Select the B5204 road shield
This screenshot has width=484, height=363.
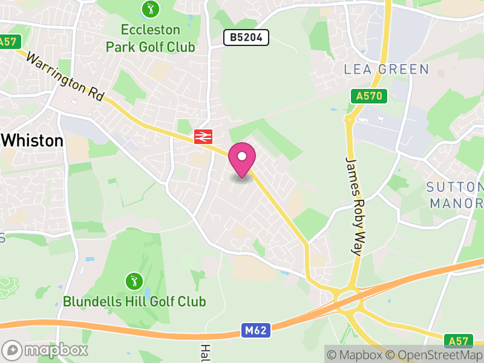click(246, 38)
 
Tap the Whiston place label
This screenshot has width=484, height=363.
click(33, 141)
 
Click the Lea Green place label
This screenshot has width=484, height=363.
click(386, 70)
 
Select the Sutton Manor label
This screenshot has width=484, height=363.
click(456, 194)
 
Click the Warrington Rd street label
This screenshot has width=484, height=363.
click(65, 77)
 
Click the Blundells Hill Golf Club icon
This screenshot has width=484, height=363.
click(134, 281)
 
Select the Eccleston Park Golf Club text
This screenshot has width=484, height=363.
click(151, 38)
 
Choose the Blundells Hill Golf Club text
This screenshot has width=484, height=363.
click(134, 301)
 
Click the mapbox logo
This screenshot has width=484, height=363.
click(46, 350)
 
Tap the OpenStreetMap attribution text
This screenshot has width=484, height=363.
click(434, 354)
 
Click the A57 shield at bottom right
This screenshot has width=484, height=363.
click(456, 340)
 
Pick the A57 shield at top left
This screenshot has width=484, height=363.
click(9, 42)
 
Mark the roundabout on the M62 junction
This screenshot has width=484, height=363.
click(347, 299)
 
